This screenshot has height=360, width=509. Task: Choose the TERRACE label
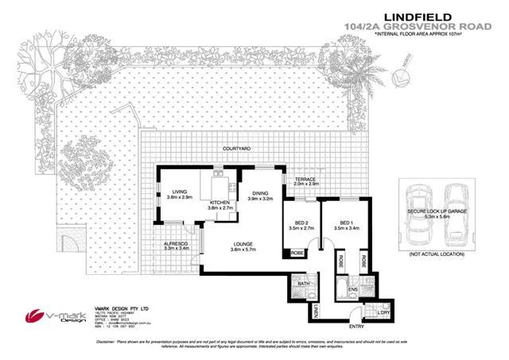(x=307, y=181)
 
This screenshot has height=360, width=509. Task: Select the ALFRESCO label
(x=175, y=245)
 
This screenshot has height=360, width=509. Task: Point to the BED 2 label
(x=301, y=223)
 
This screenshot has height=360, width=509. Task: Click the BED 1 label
(x=343, y=223)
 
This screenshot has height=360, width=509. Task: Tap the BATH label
(x=304, y=283)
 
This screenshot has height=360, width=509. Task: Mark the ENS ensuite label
(x=352, y=290)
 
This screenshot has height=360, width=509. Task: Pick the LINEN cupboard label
(x=315, y=309)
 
